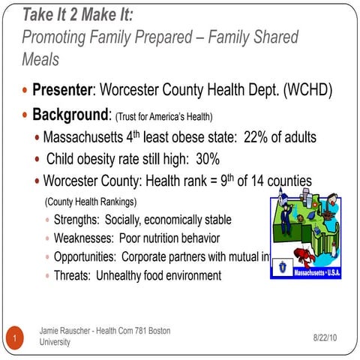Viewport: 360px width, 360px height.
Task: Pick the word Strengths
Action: pyautogui.click(x=77, y=220)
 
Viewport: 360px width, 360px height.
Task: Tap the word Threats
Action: pyautogui.click(x=72, y=276)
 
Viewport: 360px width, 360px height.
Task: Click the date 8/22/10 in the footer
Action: pyautogui.click(x=325, y=339)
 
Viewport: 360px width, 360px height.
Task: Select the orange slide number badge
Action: pyautogui.click(x=14, y=339)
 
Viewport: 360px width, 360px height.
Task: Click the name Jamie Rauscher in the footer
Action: pyautogui.click(x=67, y=330)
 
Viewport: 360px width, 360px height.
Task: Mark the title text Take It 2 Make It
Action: pyautogui.click(x=77, y=14)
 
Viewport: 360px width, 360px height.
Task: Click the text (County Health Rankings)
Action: pyautogui.click(x=91, y=202)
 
